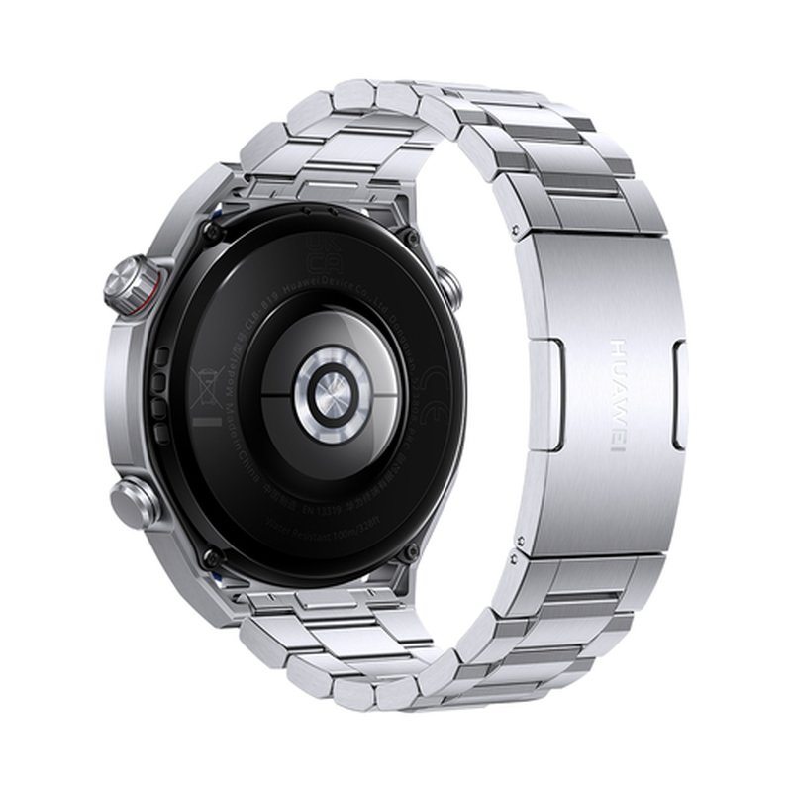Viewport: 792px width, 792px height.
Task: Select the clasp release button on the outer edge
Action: tap(678, 394)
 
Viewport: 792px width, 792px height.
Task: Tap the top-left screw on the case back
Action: tap(211, 230)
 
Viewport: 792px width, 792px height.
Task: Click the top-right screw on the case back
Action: tap(406, 238)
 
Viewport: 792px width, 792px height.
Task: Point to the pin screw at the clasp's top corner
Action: tap(519, 229)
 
